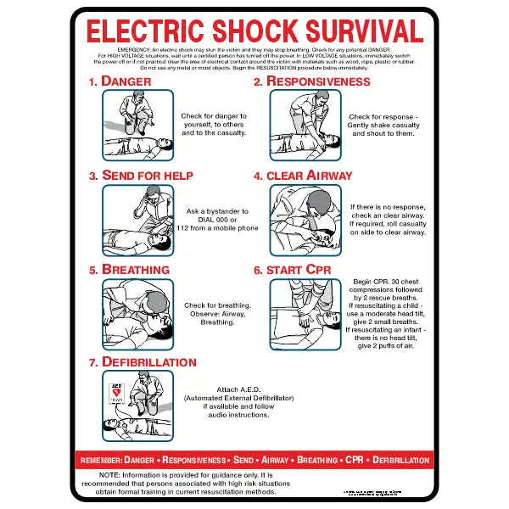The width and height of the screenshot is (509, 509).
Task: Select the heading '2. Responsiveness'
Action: (311, 81)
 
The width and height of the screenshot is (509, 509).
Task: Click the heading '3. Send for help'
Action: (141, 176)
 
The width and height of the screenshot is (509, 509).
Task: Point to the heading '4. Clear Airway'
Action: (303, 176)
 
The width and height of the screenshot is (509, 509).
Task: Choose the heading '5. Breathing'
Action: (129, 270)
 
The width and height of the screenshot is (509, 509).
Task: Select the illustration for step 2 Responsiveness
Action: (305, 125)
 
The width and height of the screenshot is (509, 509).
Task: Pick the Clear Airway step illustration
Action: (305, 219)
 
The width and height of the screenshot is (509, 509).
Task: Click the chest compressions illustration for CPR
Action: (305, 313)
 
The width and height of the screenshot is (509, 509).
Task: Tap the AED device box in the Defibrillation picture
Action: (117, 393)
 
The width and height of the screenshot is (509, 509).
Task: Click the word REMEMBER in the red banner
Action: (100, 460)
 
